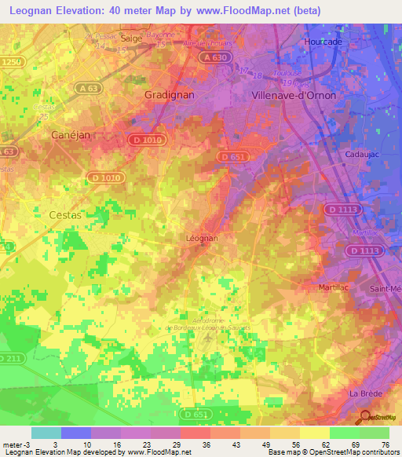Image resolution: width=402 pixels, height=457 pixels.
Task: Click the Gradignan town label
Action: (169, 93)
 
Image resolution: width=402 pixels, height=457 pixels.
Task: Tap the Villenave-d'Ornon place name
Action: (293, 95)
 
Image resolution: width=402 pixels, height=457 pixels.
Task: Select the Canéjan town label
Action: (71, 135)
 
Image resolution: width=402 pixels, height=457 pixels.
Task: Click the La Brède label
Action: (365, 393)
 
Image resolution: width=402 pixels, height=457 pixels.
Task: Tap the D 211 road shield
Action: (9, 359)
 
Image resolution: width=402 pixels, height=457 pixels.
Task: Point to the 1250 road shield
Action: (9, 61)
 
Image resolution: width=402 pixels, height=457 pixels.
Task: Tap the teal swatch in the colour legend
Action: (46, 433)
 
